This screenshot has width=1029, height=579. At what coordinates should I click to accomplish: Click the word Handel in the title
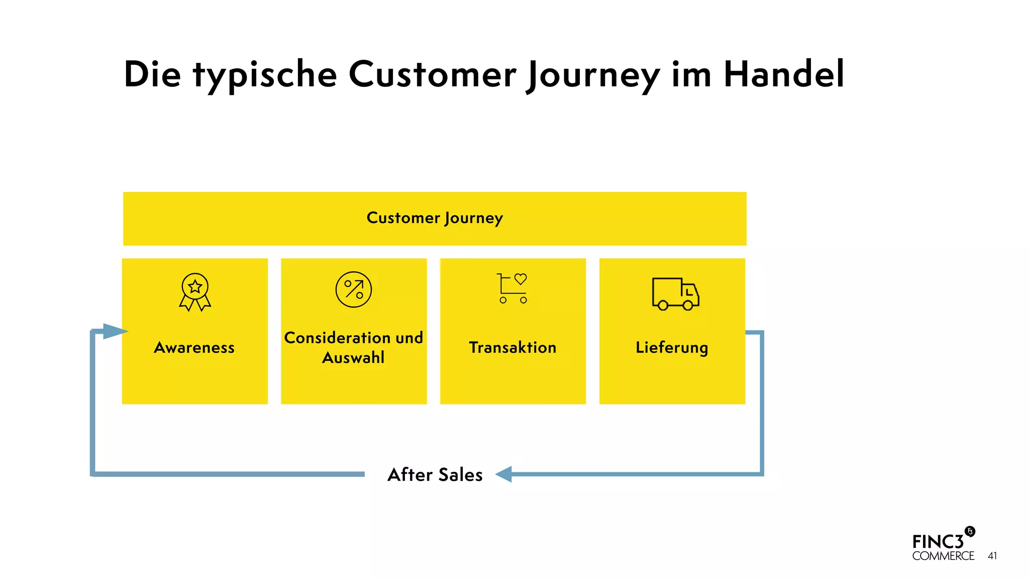783,74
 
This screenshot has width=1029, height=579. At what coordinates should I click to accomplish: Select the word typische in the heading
265,75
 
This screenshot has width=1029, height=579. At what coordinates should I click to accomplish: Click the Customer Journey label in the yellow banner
435,218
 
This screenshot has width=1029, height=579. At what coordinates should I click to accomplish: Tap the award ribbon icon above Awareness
195,292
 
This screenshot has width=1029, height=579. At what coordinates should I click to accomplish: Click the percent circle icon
354,289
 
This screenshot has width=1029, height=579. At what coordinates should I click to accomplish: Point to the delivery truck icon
675,294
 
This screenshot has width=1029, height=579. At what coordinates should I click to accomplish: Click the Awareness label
194,348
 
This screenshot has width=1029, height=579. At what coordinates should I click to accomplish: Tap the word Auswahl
353,358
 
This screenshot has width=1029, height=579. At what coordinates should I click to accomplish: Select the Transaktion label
512,348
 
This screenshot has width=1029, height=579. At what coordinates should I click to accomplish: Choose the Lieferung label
672,348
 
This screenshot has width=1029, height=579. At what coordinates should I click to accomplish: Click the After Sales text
435,475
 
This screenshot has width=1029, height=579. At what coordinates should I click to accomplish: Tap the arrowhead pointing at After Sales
504,474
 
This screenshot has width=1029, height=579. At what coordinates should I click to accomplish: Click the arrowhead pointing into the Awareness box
115,331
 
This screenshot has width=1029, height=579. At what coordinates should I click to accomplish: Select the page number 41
992,556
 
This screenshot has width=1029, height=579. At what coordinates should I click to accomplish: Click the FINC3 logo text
938,542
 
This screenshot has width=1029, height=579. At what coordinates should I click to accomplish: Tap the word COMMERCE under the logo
943,556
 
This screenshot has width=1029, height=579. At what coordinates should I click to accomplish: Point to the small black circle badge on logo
970,531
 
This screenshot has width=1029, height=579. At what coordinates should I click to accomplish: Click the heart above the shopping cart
521,278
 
